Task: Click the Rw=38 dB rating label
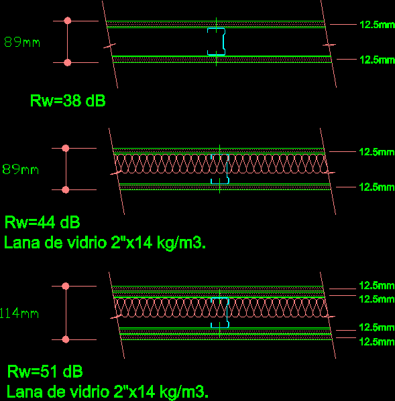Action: click(x=68, y=100)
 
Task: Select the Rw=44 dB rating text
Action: click(x=42, y=222)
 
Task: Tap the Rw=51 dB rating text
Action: click(x=45, y=372)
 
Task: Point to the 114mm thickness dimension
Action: click(x=19, y=313)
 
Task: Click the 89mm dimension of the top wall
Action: click(x=22, y=42)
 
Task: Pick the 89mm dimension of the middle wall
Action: click(x=21, y=169)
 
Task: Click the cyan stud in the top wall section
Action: click(x=217, y=42)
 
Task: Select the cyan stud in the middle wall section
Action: click(x=220, y=169)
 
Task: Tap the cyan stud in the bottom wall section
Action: click(x=220, y=313)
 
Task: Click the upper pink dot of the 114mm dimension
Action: click(x=66, y=286)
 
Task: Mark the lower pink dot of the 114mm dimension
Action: click(x=66, y=339)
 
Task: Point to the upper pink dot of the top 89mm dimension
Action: click(x=68, y=21)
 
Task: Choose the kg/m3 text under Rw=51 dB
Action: click(x=184, y=392)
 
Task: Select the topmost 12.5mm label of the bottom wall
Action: click(x=377, y=286)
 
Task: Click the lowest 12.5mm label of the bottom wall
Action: click(x=377, y=341)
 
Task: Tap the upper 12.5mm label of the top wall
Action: click(x=377, y=25)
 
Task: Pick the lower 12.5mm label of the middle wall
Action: click(x=377, y=187)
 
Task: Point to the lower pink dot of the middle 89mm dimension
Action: click(x=66, y=189)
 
